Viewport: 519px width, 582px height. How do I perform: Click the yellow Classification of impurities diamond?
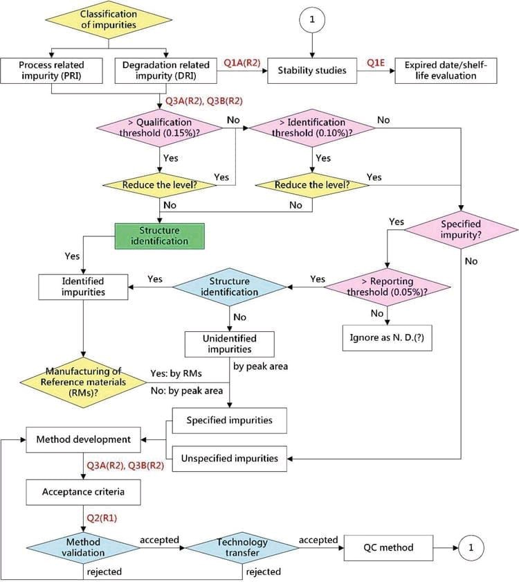click(x=108, y=19)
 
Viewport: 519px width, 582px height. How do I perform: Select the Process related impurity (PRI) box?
click(x=51, y=71)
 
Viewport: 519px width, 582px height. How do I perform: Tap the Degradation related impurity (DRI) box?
click(x=165, y=71)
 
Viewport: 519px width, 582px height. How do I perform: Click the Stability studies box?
click(x=312, y=71)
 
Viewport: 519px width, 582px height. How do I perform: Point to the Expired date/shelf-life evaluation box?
click(x=446, y=71)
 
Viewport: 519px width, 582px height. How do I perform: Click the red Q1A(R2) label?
click(x=242, y=63)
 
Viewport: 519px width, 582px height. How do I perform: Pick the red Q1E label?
click(x=376, y=63)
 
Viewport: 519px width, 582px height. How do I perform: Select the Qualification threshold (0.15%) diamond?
click(x=159, y=128)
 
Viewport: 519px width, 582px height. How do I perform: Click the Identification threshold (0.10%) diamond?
click(x=312, y=128)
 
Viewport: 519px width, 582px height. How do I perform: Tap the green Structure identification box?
click(x=159, y=236)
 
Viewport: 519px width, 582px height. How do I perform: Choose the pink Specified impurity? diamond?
click(x=461, y=230)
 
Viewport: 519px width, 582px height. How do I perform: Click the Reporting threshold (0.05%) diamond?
click(x=387, y=287)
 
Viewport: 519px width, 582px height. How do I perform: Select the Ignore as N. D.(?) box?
click(x=387, y=338)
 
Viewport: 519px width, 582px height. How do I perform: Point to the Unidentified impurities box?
click(x=230, y=344)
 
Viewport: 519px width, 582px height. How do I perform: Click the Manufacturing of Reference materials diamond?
click(x=83, y=382)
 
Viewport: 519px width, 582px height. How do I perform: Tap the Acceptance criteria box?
click(x=83, y=492)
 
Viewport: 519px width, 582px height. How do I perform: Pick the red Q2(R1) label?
click(x=102, y=518)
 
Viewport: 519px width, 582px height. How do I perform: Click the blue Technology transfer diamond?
click(x=242, y=547)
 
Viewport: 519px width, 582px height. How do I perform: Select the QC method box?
click(x=388, y=547)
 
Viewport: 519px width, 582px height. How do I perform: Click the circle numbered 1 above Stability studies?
click(x=312, y=19)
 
